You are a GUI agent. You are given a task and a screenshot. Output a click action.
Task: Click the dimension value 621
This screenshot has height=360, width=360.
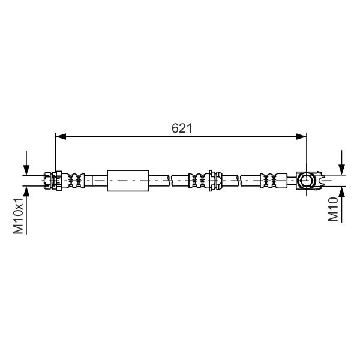182,128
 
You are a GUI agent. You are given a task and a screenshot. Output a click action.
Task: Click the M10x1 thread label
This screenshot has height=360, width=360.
19,215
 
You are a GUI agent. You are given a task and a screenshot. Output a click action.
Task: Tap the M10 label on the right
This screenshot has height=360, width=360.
333,209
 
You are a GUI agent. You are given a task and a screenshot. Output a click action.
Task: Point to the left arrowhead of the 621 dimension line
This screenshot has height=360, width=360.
61,136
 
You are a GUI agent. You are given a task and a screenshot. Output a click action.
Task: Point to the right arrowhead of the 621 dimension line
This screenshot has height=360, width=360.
301,136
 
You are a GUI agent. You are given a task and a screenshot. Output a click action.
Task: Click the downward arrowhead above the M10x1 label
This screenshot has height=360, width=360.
26,170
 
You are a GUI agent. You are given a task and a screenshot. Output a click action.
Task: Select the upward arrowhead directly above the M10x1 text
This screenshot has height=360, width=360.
26,192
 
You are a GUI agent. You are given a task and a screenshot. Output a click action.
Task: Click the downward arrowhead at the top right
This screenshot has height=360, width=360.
342,169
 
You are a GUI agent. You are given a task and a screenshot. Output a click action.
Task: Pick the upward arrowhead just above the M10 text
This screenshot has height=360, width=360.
342,192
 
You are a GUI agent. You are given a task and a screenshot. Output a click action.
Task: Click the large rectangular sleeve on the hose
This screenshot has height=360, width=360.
128,181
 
